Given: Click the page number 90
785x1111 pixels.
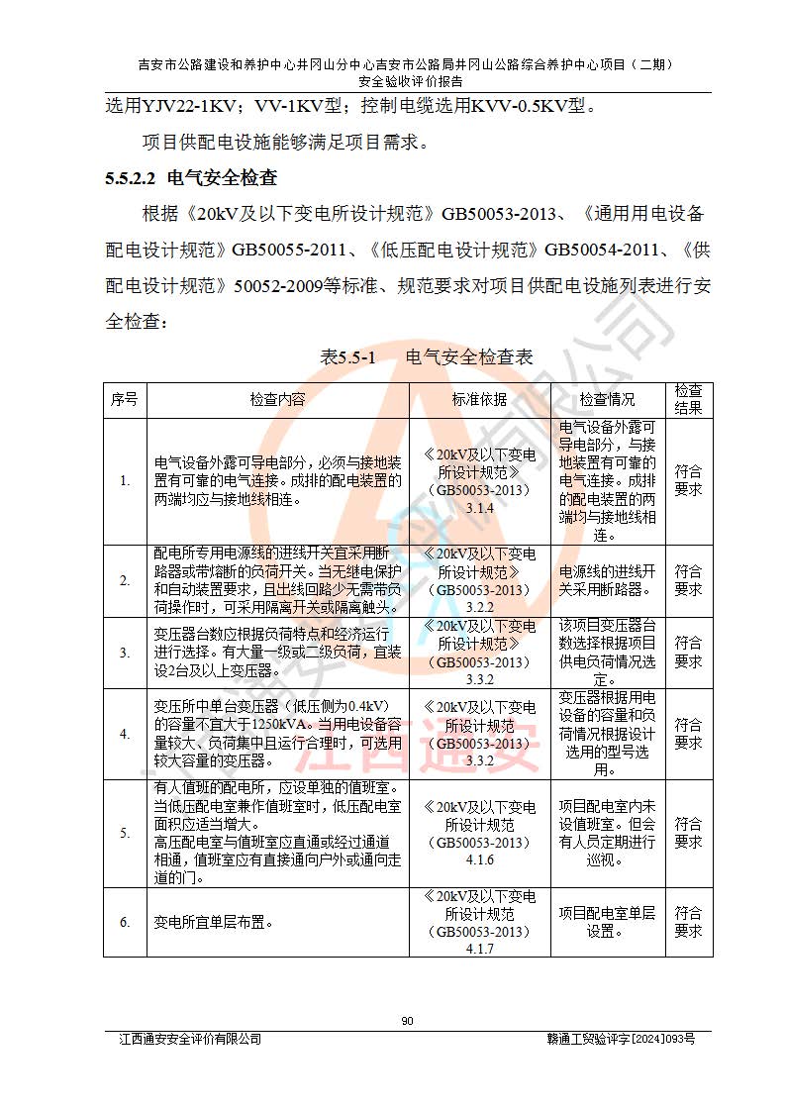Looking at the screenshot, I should coord(407,1022).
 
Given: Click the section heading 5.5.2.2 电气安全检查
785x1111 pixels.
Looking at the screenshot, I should coord(190,179).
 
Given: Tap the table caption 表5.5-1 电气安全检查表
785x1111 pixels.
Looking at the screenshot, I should coord(427,357).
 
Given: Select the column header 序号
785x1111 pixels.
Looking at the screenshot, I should coord(125,399).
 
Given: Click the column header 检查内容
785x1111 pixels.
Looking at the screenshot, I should coord(277,399).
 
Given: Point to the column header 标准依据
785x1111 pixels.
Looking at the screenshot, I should coord(479,399).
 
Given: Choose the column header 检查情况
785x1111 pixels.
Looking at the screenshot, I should coord(607,399).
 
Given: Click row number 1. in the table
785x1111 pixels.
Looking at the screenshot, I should coord(125,481).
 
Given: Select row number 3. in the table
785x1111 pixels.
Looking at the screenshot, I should coord(125,654).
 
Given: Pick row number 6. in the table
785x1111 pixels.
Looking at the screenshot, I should coord(125,923).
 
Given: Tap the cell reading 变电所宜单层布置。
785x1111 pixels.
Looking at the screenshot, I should coord(212,923).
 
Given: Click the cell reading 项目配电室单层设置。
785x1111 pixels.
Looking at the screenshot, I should coord(607,923).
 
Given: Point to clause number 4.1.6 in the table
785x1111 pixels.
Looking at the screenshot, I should coord(479,860).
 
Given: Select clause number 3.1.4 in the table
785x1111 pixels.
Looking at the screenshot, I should coord(479,508).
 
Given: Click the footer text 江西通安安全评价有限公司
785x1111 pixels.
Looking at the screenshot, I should coord(190,1039).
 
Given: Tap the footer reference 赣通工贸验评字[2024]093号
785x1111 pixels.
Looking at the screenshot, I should coord(621,1039).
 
